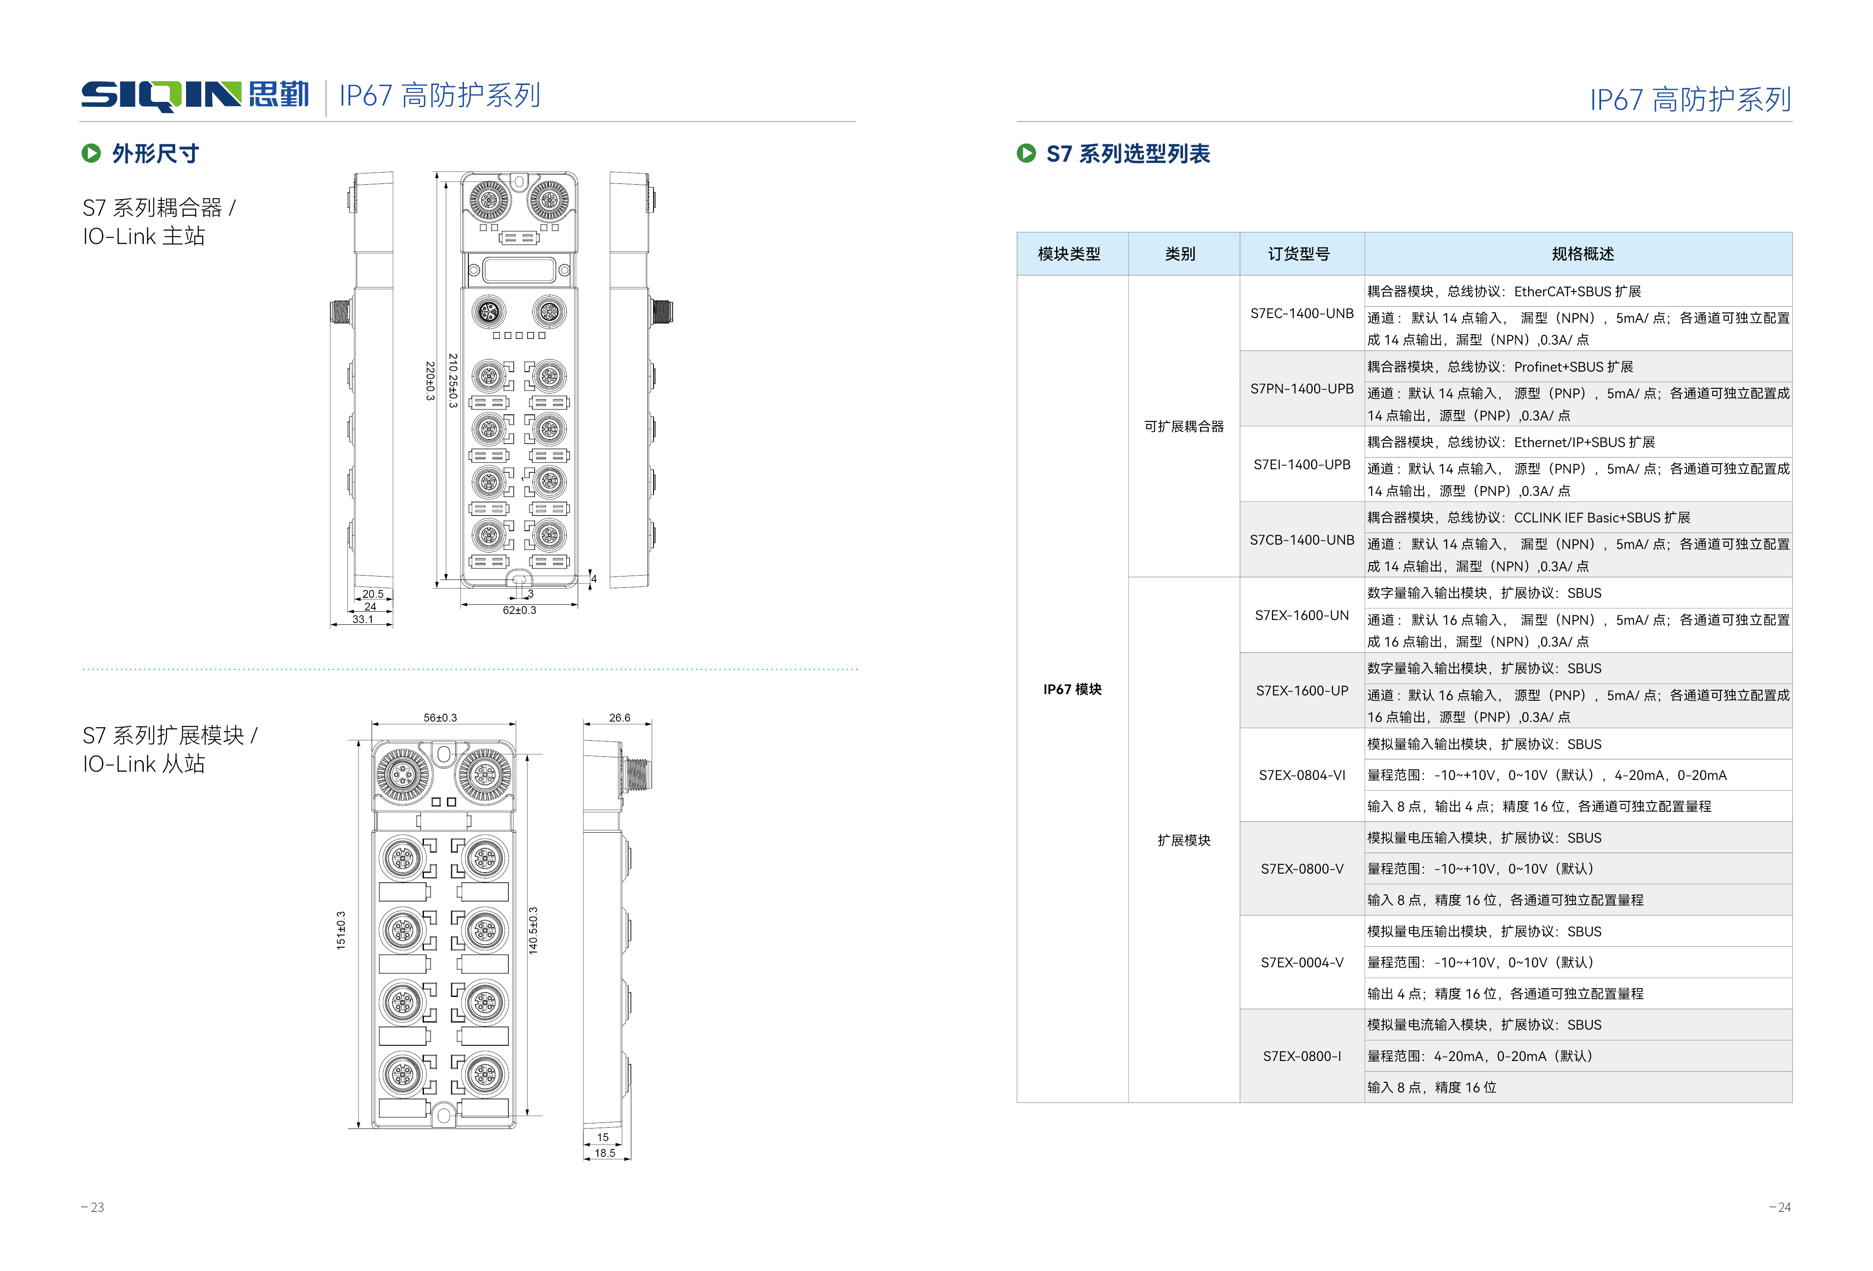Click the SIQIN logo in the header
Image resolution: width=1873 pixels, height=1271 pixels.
click(194, 95)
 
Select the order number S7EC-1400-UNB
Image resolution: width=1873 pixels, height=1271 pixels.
click(1301, 314)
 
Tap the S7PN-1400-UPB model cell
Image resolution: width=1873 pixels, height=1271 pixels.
click(1301, 389)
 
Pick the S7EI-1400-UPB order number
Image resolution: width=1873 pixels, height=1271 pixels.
click(1301, 464)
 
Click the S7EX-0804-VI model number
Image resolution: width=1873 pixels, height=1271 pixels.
click(1301, 775)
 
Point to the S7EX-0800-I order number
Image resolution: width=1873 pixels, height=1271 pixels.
click(1301, 1056)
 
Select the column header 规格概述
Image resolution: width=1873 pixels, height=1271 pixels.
click(1582, 254)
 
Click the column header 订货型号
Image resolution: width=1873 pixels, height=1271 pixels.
click(1298, 254)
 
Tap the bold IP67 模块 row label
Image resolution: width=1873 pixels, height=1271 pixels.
click(1072, 689)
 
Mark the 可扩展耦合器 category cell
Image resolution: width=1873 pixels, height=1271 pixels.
click(1183, 426)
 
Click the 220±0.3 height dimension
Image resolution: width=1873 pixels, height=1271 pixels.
click(430, 380)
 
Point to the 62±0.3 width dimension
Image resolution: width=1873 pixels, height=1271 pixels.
click(519, 610)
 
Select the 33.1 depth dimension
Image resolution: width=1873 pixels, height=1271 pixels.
click(362, 619)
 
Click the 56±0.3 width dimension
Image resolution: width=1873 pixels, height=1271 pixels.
click(440, 717)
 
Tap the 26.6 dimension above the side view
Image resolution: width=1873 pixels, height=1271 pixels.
click(619, 717)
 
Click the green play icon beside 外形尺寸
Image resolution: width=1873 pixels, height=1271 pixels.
click(91, 153)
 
